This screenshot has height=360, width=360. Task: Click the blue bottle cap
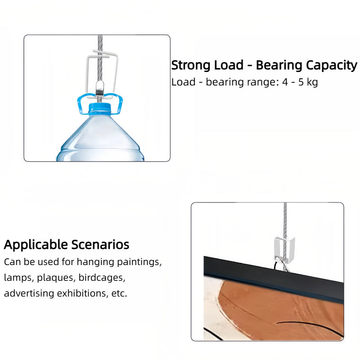[99, 108]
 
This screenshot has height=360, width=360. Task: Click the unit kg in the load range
[312, 82]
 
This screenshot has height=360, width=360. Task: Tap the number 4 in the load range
[285, 82]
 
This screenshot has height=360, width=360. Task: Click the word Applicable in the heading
[36, 245]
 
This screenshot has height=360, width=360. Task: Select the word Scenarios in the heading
[100, 244]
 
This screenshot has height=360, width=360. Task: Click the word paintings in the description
[139, 262]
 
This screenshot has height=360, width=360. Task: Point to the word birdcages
[102, 278]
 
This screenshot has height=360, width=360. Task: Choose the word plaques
[56, 278]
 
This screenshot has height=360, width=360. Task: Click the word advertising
[29, 293]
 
